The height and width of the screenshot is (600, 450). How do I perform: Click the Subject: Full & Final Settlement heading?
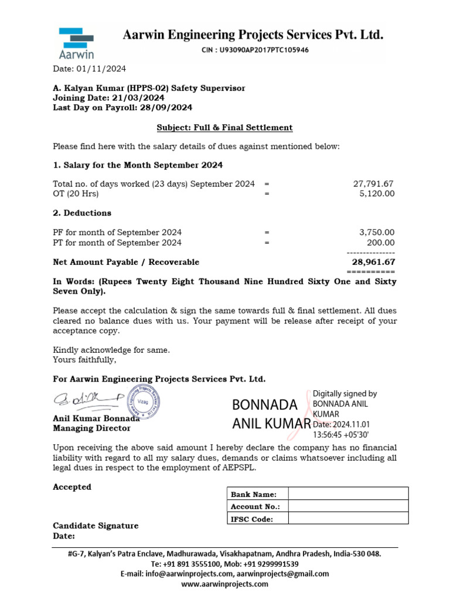pos(224,127)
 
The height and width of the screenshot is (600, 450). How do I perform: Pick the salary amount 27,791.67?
pos(373,183)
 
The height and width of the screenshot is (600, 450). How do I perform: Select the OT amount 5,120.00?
pos(377,193)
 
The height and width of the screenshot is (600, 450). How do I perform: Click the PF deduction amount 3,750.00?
pos(377,232)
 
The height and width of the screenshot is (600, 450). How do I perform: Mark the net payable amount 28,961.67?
pos(373,262)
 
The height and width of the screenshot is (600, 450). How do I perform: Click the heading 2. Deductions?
pos(82,213)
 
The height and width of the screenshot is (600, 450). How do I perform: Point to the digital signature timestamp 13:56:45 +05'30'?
pos(340,434)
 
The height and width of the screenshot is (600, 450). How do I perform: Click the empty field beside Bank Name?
pos(348,494)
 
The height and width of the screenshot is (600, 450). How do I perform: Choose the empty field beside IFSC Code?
pos(348,519)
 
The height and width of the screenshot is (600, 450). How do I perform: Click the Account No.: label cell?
pos(257,506)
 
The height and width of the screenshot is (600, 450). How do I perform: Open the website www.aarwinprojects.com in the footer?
pos(224,584)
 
